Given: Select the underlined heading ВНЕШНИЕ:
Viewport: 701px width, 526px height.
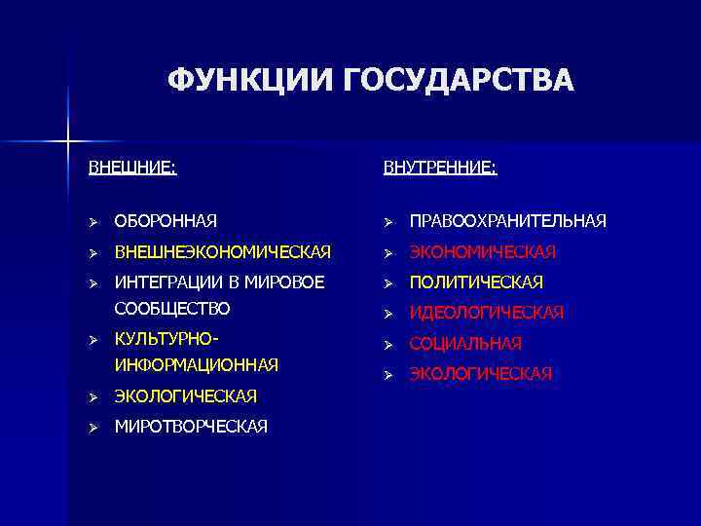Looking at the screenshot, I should (132, 168).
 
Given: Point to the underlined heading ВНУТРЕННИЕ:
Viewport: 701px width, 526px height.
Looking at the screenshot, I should (439, 168).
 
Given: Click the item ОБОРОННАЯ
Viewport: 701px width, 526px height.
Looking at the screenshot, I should (166, 222).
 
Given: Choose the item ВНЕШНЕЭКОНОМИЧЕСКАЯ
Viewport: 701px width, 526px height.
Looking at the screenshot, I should (223, 252).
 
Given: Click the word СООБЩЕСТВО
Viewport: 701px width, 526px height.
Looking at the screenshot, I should (172, 308).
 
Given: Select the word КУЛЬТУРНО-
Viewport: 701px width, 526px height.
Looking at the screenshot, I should (166, 340).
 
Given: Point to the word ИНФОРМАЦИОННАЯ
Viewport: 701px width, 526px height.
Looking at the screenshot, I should (197, 365).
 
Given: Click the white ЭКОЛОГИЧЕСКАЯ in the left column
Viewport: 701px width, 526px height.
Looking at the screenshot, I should (185, 396).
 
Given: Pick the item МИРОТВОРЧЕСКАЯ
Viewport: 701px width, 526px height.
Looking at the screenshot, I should (191, 427).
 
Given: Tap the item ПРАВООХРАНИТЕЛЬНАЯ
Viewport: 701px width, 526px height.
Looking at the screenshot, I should (507, 222).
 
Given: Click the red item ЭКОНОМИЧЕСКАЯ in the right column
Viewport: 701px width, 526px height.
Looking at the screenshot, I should (482, 252).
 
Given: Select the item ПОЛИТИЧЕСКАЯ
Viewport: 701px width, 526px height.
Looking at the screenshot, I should (476, 282).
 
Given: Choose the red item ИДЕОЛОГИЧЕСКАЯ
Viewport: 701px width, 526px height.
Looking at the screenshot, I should (487, 313).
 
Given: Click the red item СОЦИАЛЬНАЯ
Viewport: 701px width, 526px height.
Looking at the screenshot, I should (465, 344).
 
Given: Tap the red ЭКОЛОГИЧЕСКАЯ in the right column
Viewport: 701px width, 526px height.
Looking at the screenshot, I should (481, 373).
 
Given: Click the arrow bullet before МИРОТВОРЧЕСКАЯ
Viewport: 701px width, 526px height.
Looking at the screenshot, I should (93, 427).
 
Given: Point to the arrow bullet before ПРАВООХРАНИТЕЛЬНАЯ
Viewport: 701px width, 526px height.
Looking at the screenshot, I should (387, 222).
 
